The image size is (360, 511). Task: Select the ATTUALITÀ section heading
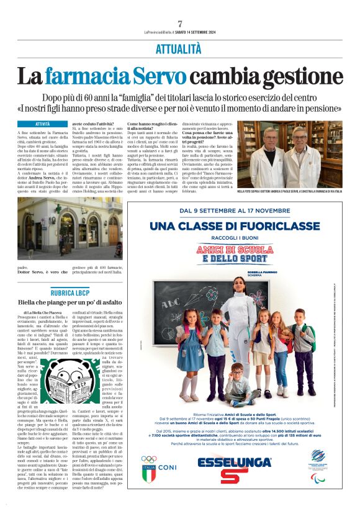(179, 48)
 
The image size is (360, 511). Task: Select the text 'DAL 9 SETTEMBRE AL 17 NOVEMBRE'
(235, 211)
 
